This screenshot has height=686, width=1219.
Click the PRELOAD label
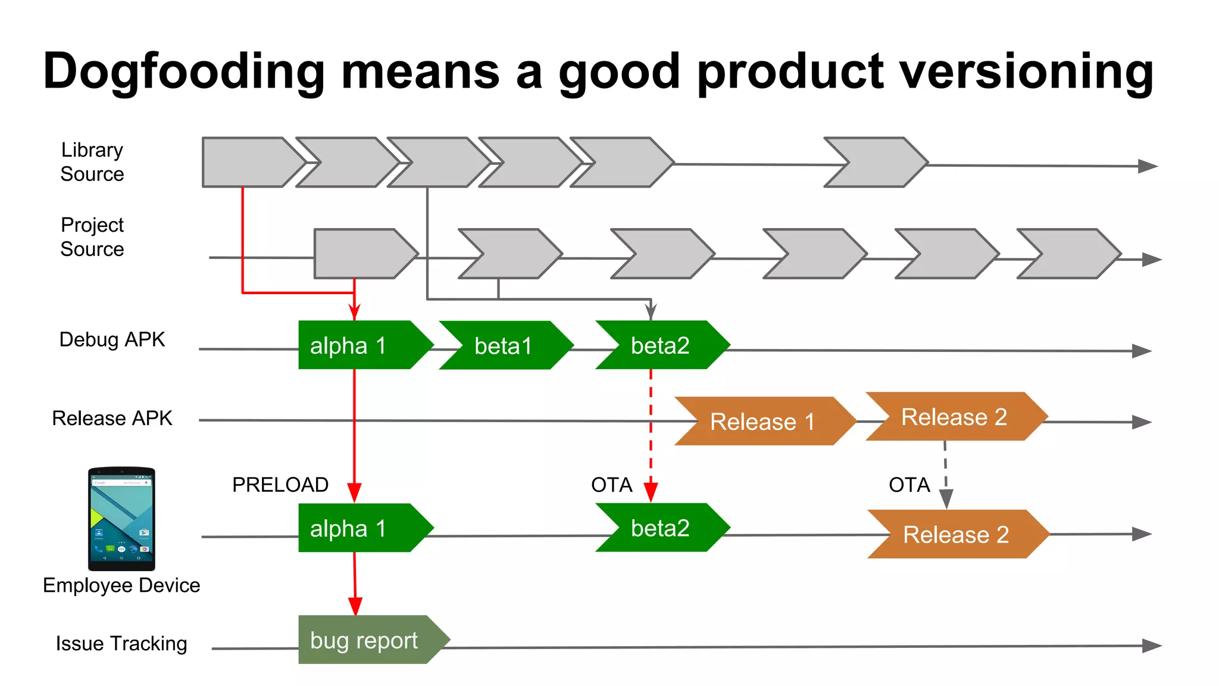click(280, 485)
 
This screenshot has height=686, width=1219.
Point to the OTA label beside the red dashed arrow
click(611, 485)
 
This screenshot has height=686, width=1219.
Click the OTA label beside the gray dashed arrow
click(909, 485)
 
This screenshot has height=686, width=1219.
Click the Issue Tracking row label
click(121, 644)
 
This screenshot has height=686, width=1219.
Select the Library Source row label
click(92, 162)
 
